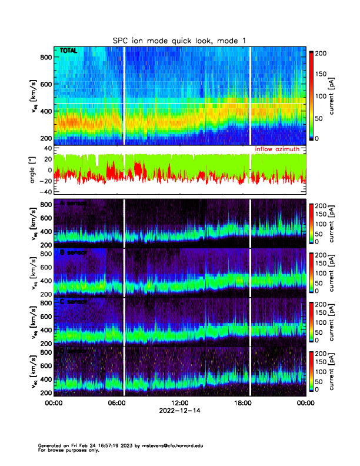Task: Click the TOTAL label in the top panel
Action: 69,51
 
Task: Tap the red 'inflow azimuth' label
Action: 279,149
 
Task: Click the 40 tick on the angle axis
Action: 48,149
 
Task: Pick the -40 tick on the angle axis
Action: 46,192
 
